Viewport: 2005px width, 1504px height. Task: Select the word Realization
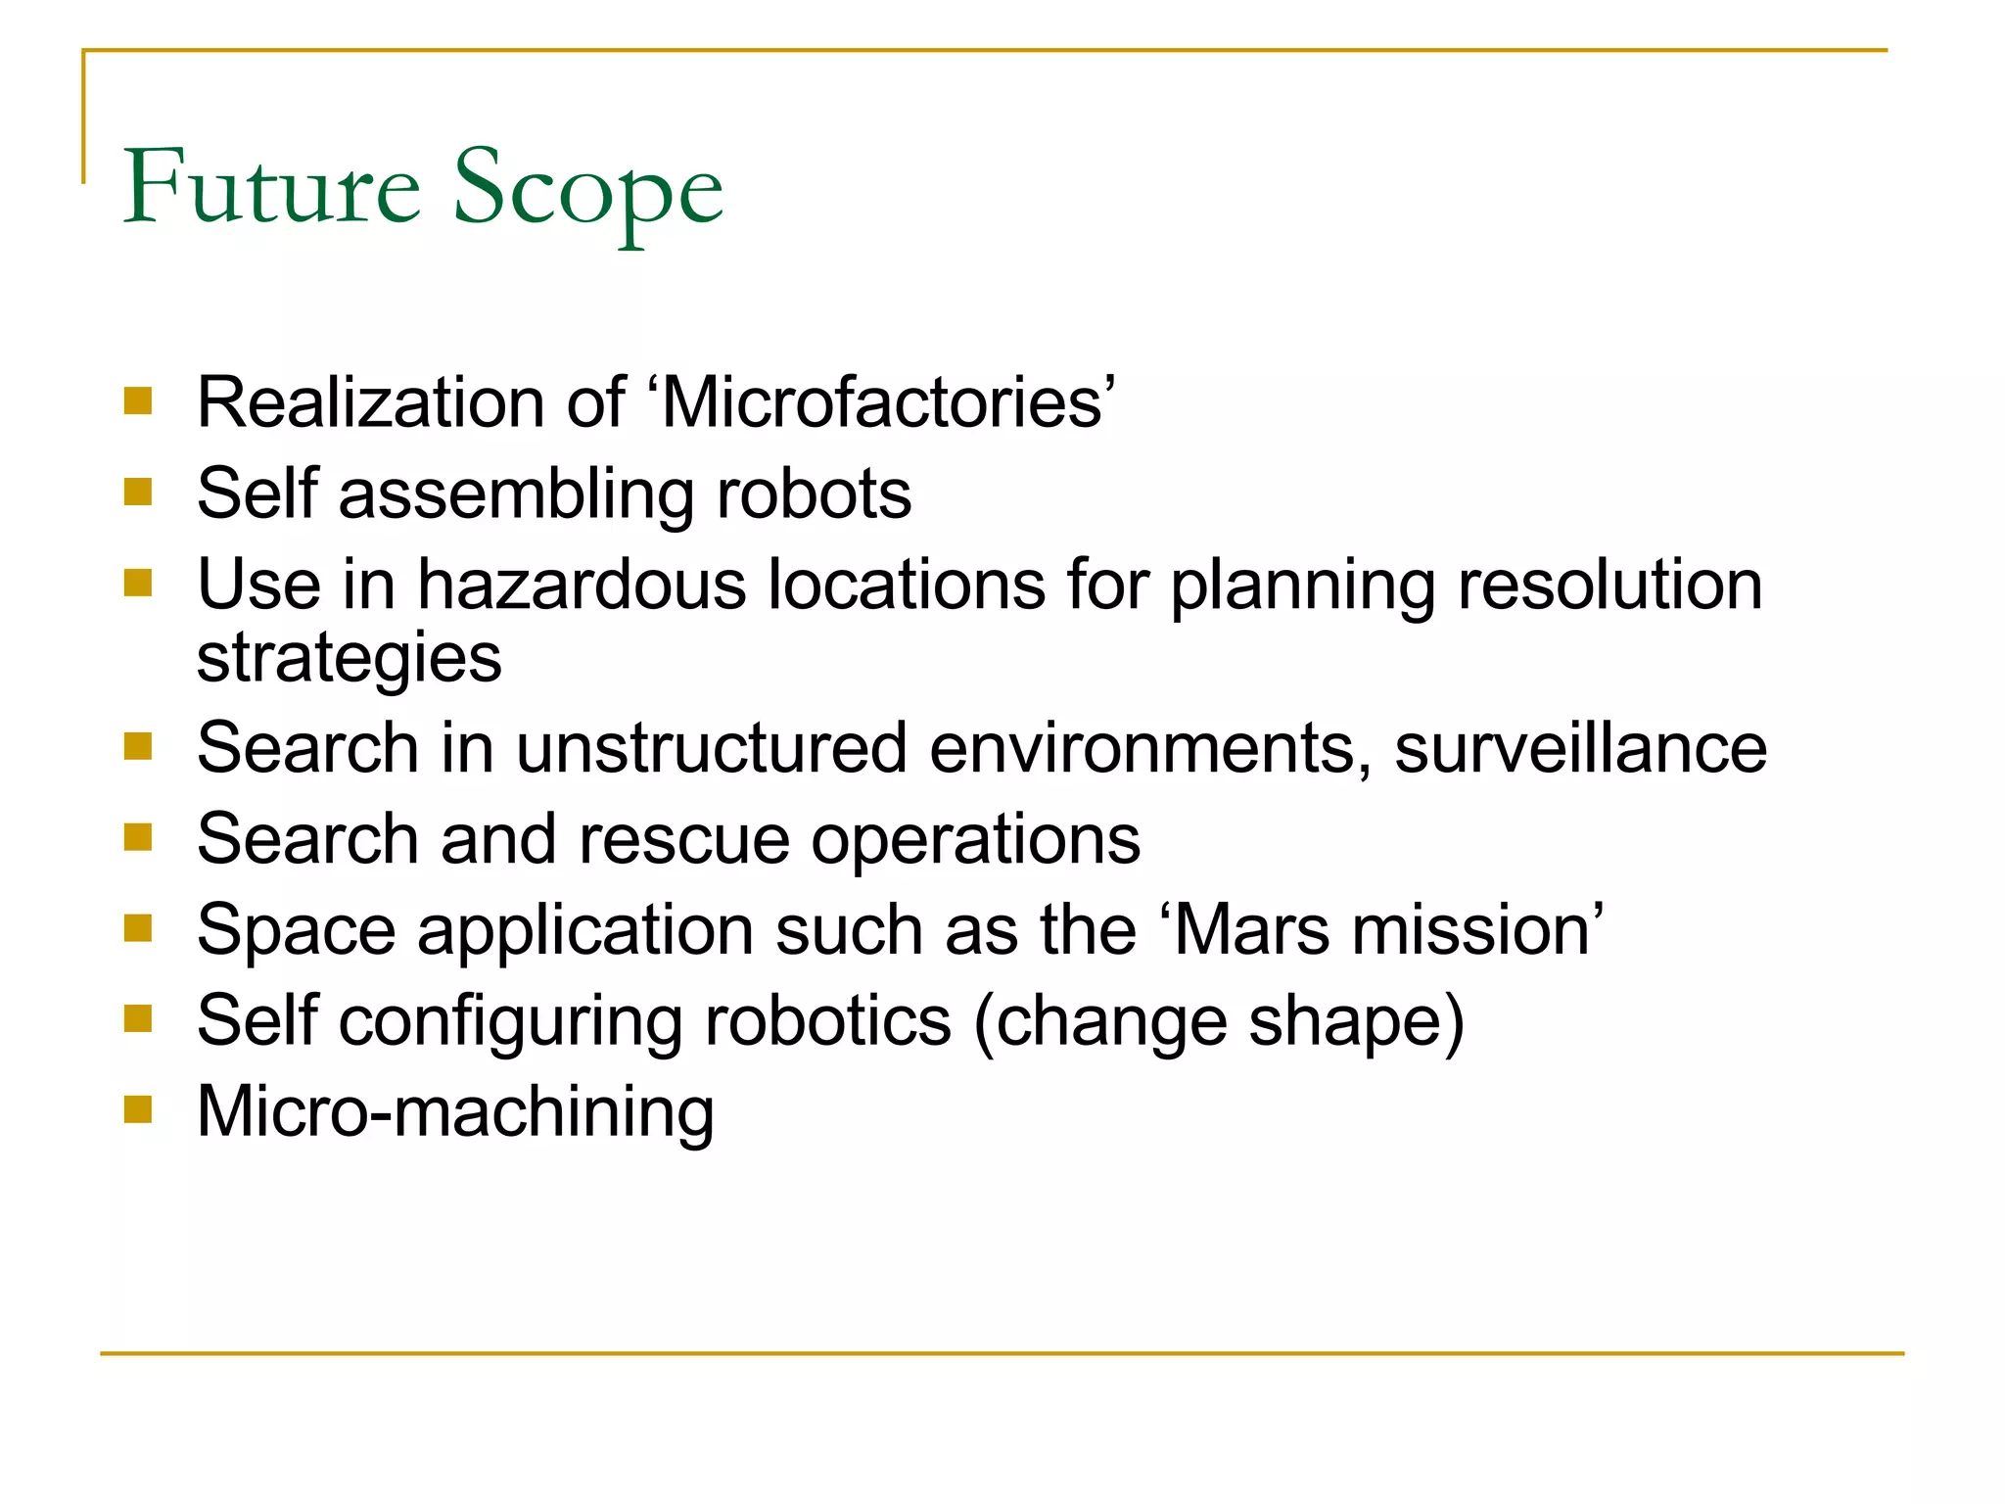(371, 402)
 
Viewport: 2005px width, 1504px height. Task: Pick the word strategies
(350, 658)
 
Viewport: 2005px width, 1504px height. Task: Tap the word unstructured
(712, 749)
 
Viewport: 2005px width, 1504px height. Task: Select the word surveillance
(1580, 749)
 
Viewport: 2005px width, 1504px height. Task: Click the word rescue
(683, 839)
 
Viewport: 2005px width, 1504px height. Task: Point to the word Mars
(1250, 929)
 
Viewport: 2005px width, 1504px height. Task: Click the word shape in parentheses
(1346, 1021)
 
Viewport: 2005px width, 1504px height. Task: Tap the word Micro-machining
(455, 1112)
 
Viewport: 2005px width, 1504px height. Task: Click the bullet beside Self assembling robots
(138, 492)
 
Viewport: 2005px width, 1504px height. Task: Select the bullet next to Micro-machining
(138, 1109)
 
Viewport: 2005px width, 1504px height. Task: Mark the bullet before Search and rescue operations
(138, 837)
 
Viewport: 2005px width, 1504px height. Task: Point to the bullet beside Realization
(138, 400)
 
